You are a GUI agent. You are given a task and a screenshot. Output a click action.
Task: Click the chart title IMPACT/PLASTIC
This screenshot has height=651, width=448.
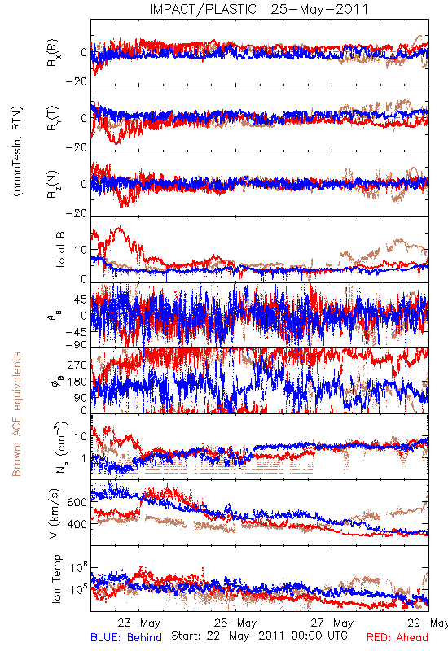pyautogui.click(x=203, y=9)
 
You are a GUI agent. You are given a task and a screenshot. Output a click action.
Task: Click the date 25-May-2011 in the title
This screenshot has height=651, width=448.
pyautogui.click(x=319, y=9)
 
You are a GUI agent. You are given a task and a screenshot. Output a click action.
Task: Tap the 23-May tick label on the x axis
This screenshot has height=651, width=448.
pyautogui.click(x=138, y=623)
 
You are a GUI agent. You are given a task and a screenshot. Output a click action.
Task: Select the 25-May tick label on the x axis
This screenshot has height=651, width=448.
pyautogui.click(x=235, y=623)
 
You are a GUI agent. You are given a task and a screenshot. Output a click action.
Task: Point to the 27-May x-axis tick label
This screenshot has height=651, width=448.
pyautogui.click(x=332, y=623)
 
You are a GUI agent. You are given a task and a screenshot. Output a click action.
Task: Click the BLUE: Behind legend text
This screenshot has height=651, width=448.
pyautogui.click(x=126, y=637)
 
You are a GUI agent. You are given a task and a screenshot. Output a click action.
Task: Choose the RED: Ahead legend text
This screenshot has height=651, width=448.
pyautogui.click(x=397, y=637)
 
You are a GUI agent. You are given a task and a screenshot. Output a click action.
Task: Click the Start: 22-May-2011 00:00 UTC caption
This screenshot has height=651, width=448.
pyautogui.click(x=259, y=636)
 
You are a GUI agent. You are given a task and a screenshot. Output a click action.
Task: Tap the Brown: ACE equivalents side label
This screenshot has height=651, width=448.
pyautogui.click(x=16, y=414)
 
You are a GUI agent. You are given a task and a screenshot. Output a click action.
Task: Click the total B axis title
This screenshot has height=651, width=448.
pyautogui.click(x=59, y=250)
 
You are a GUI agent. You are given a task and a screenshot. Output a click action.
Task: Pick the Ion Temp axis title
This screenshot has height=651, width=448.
pyautogui.click(x=56, y=579)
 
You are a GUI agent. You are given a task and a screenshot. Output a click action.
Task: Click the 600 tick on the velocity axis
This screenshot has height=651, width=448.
pyautogui.click(x=77, y=502)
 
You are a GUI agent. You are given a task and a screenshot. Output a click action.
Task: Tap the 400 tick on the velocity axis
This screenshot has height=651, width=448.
pyautogui.click(x=77, y=524)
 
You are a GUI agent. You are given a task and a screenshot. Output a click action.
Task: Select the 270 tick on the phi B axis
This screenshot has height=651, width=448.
pyautogui.click(x=77, y=365)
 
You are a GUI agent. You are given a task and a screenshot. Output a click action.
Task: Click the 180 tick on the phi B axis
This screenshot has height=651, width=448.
pyautogui.click(x=77, y=381)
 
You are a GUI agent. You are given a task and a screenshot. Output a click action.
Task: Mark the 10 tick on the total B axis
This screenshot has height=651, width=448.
pyautogui.click(x=81, y=250)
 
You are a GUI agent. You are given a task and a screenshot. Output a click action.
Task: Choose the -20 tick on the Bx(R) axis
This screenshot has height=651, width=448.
pyautogui.click(x=76, y=82)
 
